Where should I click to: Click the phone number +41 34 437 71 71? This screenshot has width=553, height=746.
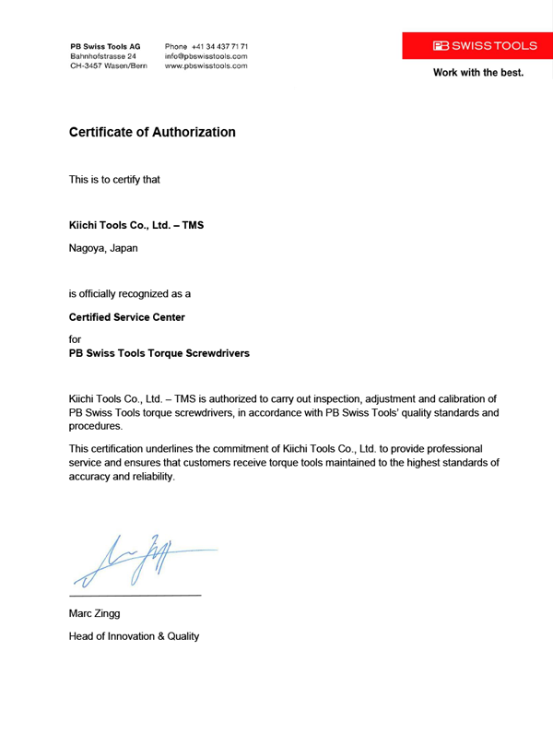tap(206, 45)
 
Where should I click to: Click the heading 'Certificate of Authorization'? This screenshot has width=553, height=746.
tap(152, 133)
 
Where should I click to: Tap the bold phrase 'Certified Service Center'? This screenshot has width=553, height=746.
tap(127, 317)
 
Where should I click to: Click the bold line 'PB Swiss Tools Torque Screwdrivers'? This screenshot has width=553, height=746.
tap(159, 352)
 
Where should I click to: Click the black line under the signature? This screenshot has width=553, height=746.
tap(135, 596)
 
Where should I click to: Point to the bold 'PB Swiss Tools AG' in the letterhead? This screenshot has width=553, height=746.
tap(105, 45)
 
